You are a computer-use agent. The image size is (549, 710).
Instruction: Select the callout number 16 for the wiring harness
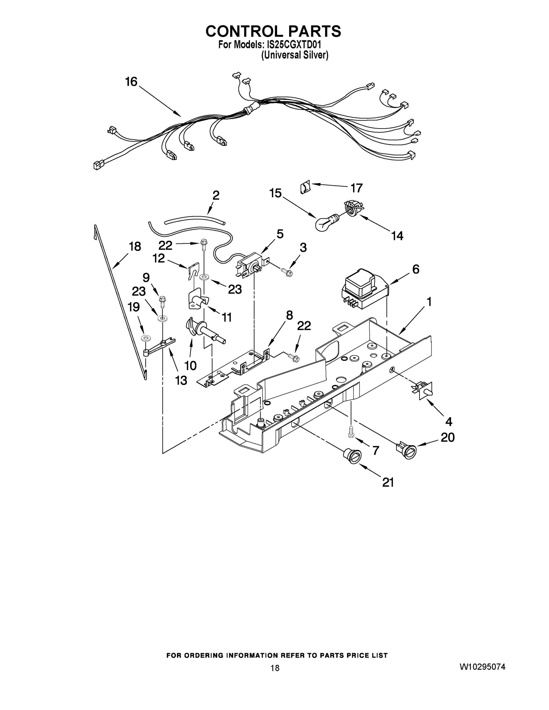point(131,82)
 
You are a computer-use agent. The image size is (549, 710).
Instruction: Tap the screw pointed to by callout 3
point(287,272)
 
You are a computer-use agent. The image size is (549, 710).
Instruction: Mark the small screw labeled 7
point(350,433)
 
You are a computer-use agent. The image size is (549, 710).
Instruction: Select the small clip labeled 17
point(305,188)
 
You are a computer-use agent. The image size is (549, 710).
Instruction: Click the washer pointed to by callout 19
point(145,338)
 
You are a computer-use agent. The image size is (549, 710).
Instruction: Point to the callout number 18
point(135,246)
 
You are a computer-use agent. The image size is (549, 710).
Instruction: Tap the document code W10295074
point(482,667)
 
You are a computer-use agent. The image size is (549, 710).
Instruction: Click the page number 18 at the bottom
point(275,668)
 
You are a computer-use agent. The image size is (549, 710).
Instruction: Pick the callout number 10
point(190,365)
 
